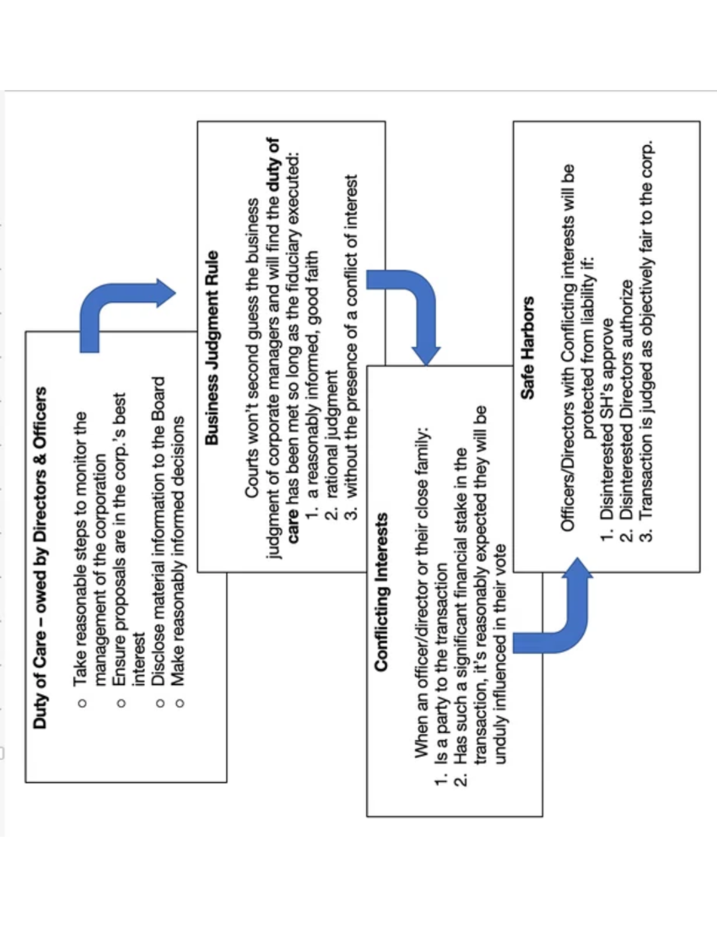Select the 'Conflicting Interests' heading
tap(381, 592)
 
